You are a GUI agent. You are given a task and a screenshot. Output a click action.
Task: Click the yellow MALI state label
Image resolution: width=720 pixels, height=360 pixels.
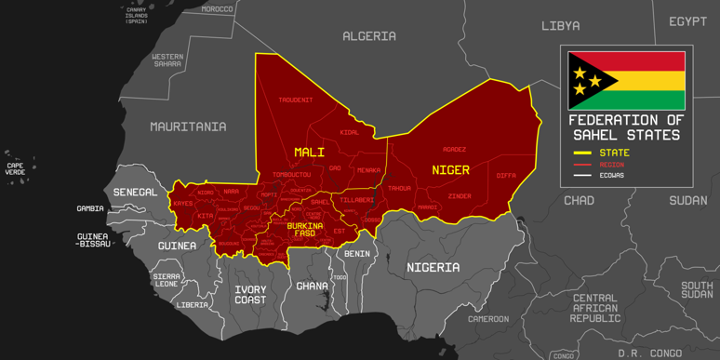click(x=309, y=152)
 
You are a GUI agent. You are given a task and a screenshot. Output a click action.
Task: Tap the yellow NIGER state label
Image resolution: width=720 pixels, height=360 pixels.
click(x=450, y=170)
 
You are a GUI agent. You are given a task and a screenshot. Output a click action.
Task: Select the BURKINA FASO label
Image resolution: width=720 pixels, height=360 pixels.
click(x=305, y=229)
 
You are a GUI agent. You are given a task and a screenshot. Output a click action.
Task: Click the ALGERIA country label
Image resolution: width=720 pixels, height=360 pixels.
click(x=369, y=36)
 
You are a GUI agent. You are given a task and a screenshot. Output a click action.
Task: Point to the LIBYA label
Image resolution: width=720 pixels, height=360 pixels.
click(x=560, y=26)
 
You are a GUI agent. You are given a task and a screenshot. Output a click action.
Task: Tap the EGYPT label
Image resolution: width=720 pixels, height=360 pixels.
click(x=687, y=21)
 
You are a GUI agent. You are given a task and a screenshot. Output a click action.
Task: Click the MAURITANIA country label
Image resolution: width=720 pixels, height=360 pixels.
click(x=188, y=127)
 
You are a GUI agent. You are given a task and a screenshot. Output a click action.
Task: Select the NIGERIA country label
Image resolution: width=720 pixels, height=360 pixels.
click(x=433, y=268)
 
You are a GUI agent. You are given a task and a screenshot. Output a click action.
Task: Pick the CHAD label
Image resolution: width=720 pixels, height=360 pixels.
click(x=579, y=201)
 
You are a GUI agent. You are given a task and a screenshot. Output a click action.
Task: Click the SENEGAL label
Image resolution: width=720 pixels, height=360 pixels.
click(x=135, y=192)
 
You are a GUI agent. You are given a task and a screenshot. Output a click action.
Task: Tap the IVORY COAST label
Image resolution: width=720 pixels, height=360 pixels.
click(x=250, y=295)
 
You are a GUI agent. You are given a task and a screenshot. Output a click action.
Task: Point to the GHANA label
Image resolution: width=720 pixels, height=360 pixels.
click(x=312, y=287)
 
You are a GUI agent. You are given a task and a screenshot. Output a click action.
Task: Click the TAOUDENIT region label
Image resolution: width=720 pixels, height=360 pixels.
click(x=295, y=100)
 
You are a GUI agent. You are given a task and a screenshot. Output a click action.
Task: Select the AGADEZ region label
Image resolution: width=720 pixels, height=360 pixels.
click(x=454, y=149)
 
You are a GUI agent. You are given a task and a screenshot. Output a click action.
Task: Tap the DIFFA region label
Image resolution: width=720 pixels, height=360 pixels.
click(x=506, y=175)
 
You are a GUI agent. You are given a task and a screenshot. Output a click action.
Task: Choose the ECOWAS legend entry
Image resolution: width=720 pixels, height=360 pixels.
click(x=611, y=175)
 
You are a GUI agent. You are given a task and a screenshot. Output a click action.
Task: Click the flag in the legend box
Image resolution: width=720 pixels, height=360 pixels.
click(x=626, y=81)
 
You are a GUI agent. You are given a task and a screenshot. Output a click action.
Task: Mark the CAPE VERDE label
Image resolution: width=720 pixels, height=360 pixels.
click(x=16, y=169)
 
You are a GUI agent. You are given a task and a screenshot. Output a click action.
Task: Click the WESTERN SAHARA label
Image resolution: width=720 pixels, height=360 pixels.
click(x=167, y=60)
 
